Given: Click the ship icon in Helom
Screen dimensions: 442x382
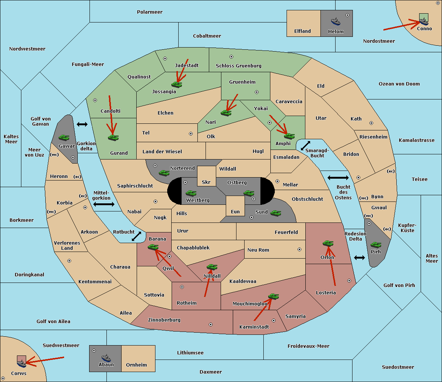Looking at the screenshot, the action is click(x=336, y=22).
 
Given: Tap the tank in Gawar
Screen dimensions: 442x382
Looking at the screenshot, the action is click(x=64, y=137).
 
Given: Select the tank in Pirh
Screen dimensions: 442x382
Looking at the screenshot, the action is click(x=376, y=245).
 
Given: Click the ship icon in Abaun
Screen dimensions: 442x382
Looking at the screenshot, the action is click(x=106, y=358).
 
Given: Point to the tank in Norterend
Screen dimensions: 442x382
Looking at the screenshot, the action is click(x=164, y=173).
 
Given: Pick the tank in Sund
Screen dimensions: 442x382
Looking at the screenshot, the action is click(x=276, y=213).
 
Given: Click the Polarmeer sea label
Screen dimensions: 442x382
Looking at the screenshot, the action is click(x=150, y=12).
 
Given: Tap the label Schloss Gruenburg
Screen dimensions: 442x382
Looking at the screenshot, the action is click(x=239, y=66).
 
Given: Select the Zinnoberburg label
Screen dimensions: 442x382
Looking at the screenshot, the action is click(x=164, y=320).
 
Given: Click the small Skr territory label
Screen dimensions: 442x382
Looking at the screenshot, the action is click(x=206, y=182).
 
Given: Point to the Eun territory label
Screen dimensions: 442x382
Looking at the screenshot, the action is click(x=235, y=211).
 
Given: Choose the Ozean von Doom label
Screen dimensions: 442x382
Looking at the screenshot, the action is click(x=399, y=84).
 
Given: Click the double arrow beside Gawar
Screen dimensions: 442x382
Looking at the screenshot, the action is click(x=82, y=124).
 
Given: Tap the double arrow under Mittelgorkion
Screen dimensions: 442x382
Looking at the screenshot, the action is click(x=104, y=204).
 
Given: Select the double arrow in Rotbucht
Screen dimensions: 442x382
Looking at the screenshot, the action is click(x=136, y=236).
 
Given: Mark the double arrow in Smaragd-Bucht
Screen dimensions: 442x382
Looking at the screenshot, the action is click(x=305, y=146).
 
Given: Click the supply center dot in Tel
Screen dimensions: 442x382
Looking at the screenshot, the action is click(x=191, y=134).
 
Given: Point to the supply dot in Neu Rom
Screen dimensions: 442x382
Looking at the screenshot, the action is click(x=299, y=249).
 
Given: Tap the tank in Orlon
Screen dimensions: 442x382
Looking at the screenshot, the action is click(x=328, y=243).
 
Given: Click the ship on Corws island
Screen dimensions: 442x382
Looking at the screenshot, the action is click(x=21, y=363).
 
